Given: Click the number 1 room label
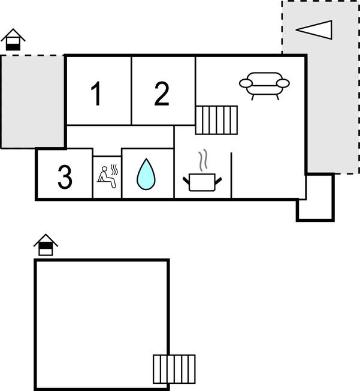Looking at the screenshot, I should tap(96, 94).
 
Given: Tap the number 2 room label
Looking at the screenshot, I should tap(162, 94).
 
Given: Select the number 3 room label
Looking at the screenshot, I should tap(65, 177).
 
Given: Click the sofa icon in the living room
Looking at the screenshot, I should tap(264, 85).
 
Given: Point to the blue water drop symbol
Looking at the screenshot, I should tap(146, 175).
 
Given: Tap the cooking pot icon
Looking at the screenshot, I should tap(202, 181).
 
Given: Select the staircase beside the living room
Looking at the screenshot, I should tap(216, 120).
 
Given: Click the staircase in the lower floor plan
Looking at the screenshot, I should tap(174, 369).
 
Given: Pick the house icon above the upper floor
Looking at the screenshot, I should tap(13, 40).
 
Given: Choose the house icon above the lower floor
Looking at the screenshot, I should tap(46, 245).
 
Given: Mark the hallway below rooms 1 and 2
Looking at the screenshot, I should tap(120, 136).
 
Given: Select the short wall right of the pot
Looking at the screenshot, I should tap(231, 174).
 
